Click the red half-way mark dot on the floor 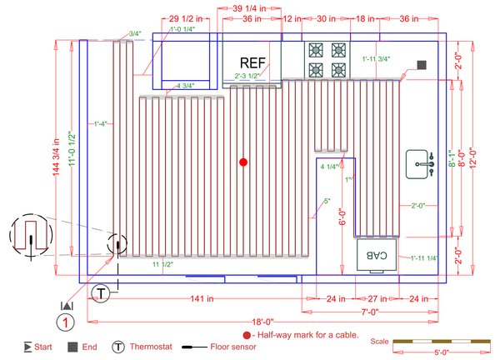pyautogui.click(x=242, y=161)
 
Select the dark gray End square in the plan pyautogui.click(x=422, y=64)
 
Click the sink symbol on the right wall pyautogui.click(x=422, y=164)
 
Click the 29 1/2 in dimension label pyautogui.click(x=185, y=17)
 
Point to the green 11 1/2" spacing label pyautogui.click(x=162, y=264)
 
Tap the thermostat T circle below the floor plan pyautogui.click(x=101, y=292)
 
